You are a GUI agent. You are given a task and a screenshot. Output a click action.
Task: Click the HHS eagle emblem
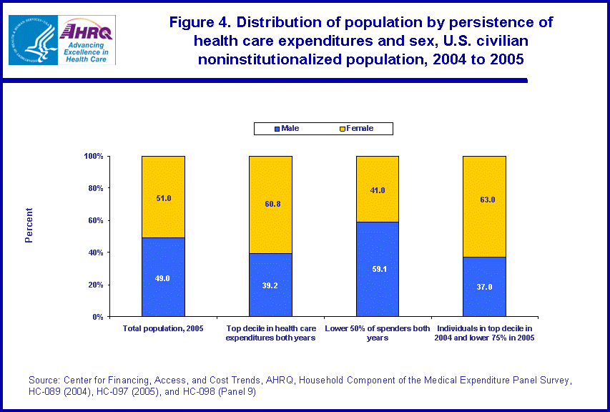(x=31, y=40)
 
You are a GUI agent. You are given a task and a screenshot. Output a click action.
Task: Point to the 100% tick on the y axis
(x=94, y=156)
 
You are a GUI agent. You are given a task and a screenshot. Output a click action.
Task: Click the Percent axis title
(x=29, y=225)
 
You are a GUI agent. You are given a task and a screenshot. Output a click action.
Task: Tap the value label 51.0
(x=164, y=198)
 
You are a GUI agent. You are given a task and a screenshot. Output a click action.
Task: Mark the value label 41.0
(x=378, y=190)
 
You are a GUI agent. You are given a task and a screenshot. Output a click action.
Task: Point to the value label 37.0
(x=485, y=287)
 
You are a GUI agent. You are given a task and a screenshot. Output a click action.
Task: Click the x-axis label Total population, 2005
(x=162, y=328)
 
